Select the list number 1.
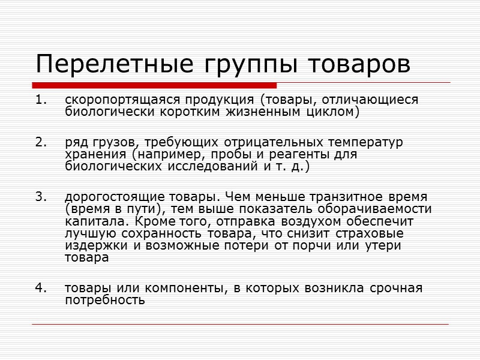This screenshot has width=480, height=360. pos(40,100)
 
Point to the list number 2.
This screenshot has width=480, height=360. pos(40,143)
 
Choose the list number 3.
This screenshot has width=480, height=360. pos(40,197)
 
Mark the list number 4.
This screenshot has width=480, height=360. pos(40,288)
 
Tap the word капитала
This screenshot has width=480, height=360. pos(89,221)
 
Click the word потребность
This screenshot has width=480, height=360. pos(104,299)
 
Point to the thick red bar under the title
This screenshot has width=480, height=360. pos(155,85)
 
